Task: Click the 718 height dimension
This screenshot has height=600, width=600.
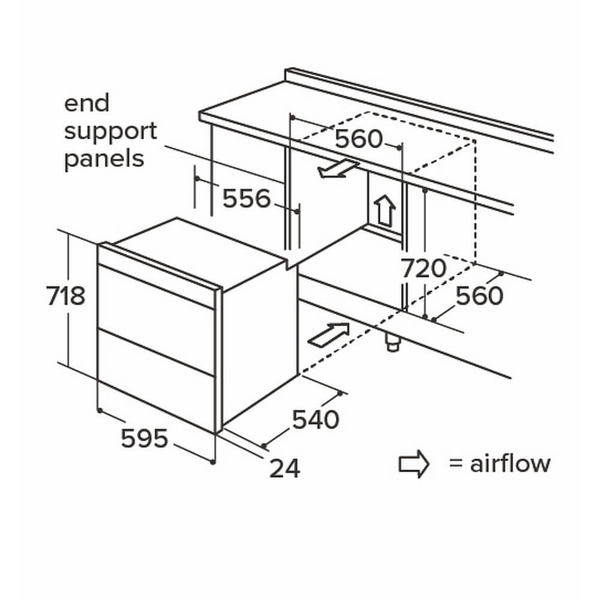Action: pos(66,296)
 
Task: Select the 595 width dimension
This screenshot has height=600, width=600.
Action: pos(144,439)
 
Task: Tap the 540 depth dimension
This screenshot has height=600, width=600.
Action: pos(316,419)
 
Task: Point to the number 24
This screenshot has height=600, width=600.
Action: pos(284,468)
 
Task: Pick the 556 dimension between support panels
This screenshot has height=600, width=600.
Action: pos(247,198)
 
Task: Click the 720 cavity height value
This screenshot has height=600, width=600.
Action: pos(424,268)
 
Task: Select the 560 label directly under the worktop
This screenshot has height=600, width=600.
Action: pos(358,139)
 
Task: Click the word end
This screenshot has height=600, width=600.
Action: pos(87,103)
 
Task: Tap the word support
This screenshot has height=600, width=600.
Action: pos(110,131)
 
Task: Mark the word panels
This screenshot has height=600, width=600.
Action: pos(104,158)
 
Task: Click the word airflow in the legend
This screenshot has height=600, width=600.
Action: pos(510,464)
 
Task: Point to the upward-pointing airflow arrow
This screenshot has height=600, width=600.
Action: pos(384,210)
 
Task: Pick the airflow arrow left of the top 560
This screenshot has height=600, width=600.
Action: pos(338,169)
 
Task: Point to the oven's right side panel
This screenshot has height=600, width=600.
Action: pos(259,342)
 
